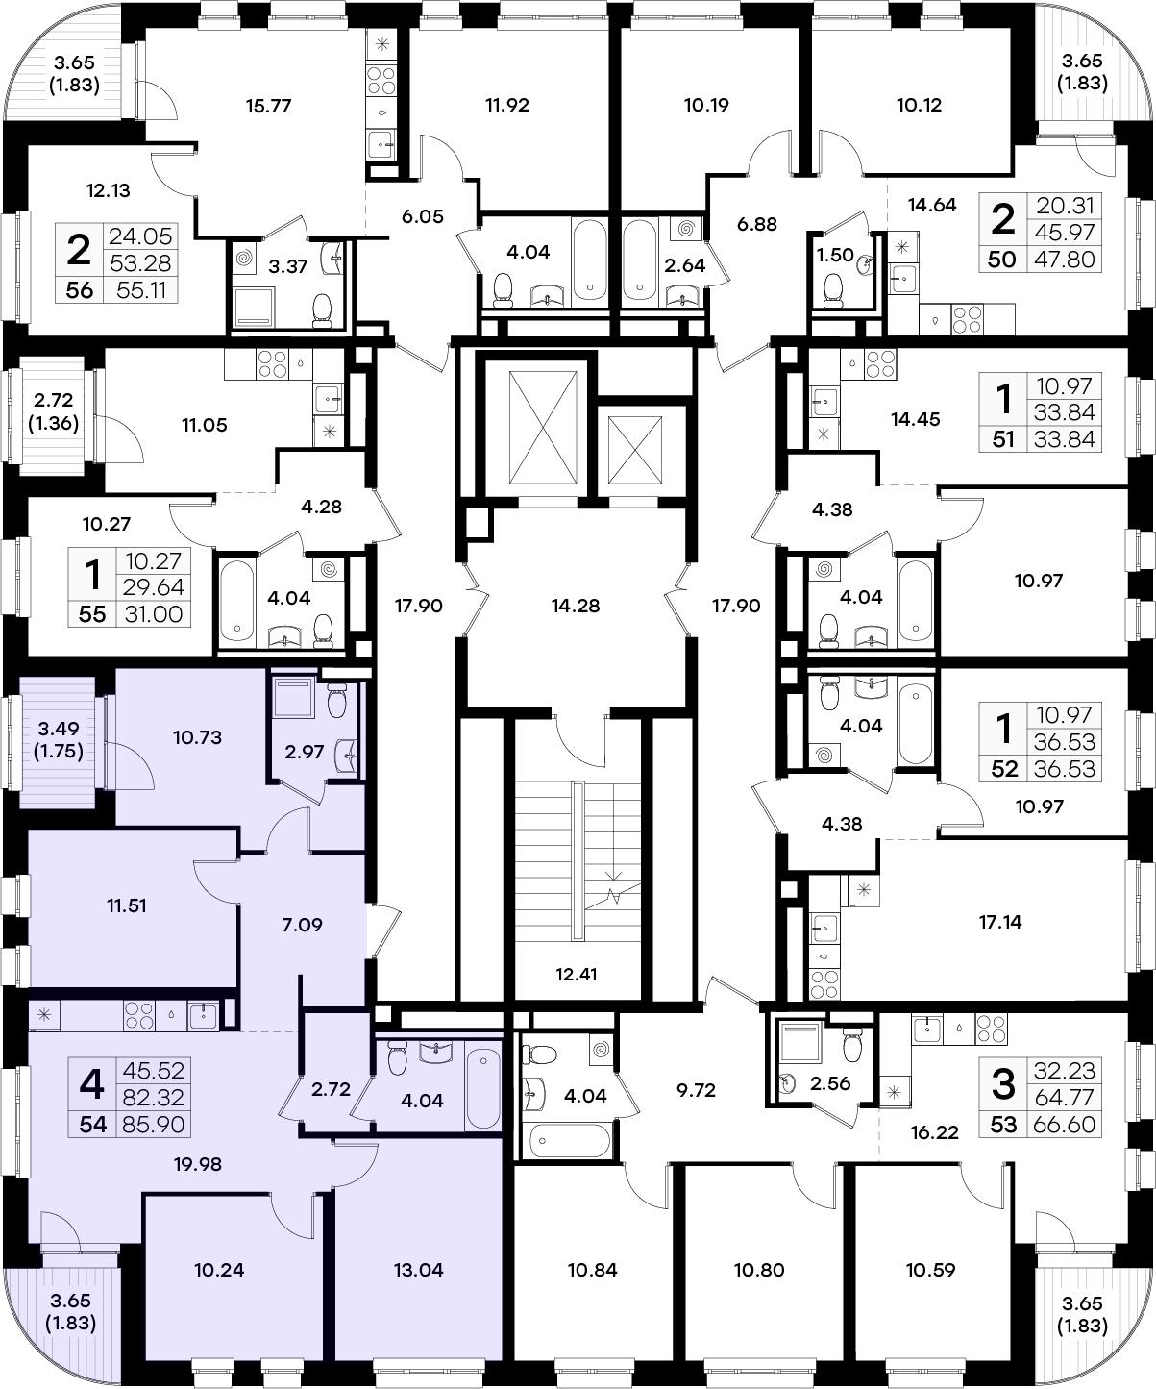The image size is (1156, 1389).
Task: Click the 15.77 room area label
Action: coord(268,106)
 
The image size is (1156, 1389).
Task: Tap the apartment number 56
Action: coord(79,290)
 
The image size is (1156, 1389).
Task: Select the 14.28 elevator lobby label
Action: coord(576,606)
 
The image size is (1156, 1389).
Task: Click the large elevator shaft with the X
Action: coord(543,428)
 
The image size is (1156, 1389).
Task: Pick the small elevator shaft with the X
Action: coord(634,450)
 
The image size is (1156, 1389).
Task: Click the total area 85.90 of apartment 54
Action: coord(153,1125)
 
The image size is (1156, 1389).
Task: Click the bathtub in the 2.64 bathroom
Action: coord(641,260)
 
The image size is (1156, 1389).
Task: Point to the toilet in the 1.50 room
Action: coord(833,290)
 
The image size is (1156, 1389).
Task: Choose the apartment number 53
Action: coord(1003,1125)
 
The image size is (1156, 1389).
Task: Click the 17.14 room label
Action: coord(999,921)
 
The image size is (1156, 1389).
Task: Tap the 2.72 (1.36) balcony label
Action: coord(53,411)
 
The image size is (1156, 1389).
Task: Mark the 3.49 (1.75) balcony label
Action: coord(59,740)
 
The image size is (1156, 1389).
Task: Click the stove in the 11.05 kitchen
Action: coord(273,364)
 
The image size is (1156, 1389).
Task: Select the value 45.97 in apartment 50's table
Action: coord(1064,233)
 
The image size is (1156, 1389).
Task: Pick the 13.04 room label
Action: coord(418,1269)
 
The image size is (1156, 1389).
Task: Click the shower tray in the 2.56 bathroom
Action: coord(800,1042)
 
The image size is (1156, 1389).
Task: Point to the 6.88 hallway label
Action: coord(756,224)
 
